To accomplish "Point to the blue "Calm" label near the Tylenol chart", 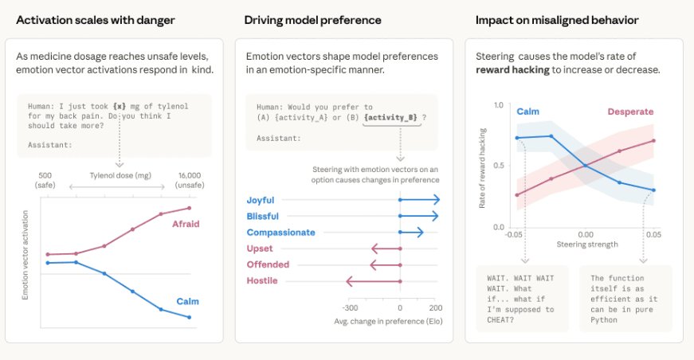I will coord(187,302).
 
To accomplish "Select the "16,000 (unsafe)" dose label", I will coord(190,180).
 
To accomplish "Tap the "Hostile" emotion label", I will coord(263,280).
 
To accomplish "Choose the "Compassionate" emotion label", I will coord(280,233).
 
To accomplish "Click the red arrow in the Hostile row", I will coord(373,280).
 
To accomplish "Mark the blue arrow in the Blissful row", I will coord(419,217).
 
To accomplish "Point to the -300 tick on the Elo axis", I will coord(349,307).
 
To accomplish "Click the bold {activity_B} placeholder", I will coord(391,118).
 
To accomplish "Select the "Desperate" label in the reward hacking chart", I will coord(629,113).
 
